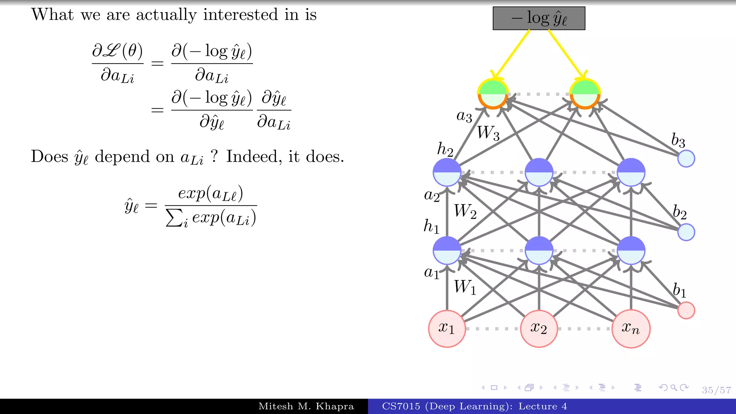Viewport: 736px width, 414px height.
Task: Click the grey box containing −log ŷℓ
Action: (x=539, y=18)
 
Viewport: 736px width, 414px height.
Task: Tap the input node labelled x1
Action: (x=447, y=328)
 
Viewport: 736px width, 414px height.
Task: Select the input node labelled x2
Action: (x=539, y=328)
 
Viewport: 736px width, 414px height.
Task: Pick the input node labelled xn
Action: (x=631, y=328)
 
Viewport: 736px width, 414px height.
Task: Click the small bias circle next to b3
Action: (x=686, y=158)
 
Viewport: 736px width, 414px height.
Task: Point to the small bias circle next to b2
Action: (x=686, y=232)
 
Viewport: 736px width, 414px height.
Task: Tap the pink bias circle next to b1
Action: (x=686, y=310)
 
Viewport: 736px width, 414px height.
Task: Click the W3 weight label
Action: (x=488, y=133)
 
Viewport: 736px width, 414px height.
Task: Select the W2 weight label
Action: (x=465, y=211)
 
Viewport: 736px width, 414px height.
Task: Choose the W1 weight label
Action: (x=465, y=287)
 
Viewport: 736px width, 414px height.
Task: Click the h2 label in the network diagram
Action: (x=445, y=149)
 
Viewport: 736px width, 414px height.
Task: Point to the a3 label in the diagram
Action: (x=464, y=116)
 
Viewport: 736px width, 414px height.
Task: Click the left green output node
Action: (x=493, y=94)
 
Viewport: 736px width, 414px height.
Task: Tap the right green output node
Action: (x=585, y=94)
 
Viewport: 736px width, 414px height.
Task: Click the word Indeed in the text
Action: (x=251, y=157)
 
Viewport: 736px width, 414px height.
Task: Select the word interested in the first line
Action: (x=240, y=15)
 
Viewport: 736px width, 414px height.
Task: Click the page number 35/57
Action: (x=716, y=390)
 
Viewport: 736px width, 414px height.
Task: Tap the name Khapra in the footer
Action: (x=335, y=406)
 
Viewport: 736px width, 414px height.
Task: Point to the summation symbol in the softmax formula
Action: (x=174, y=218)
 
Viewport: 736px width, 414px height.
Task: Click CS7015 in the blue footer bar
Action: (x=401, y=406)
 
